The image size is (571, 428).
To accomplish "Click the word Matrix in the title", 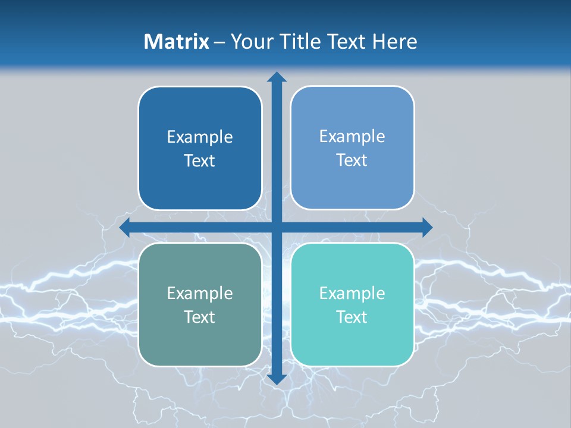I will (176, 42).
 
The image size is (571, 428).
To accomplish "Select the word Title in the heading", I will (300, 42).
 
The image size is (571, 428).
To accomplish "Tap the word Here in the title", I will (395, 42).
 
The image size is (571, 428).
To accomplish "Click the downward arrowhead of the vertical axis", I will (276, 379).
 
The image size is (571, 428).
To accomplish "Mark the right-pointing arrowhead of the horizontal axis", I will (426, 227).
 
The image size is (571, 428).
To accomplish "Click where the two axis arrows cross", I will (276, 227).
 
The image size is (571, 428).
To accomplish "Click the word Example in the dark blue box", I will (200, 137).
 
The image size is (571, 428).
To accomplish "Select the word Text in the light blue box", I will (352, 160).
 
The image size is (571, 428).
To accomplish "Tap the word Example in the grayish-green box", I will (200, 293).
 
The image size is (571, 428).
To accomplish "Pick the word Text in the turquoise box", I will (352, 317).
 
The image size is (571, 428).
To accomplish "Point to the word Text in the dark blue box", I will (200, 161).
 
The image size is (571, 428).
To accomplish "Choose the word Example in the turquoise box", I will (352, 293).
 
